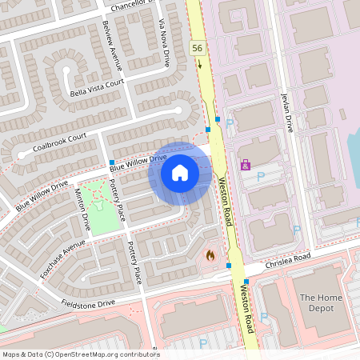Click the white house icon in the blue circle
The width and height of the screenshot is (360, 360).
[180, 173]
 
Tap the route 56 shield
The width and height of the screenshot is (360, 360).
[198, 50]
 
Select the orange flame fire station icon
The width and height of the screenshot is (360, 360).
[210, 255]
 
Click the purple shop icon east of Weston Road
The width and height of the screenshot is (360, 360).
[246, 165]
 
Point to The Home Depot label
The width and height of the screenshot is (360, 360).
[320, 303]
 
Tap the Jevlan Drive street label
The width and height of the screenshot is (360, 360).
[286, 111]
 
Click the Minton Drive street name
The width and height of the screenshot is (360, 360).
[81, 210]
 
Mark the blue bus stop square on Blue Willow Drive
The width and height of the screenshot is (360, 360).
[111, 162]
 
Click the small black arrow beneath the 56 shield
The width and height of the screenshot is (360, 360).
[199, 63]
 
